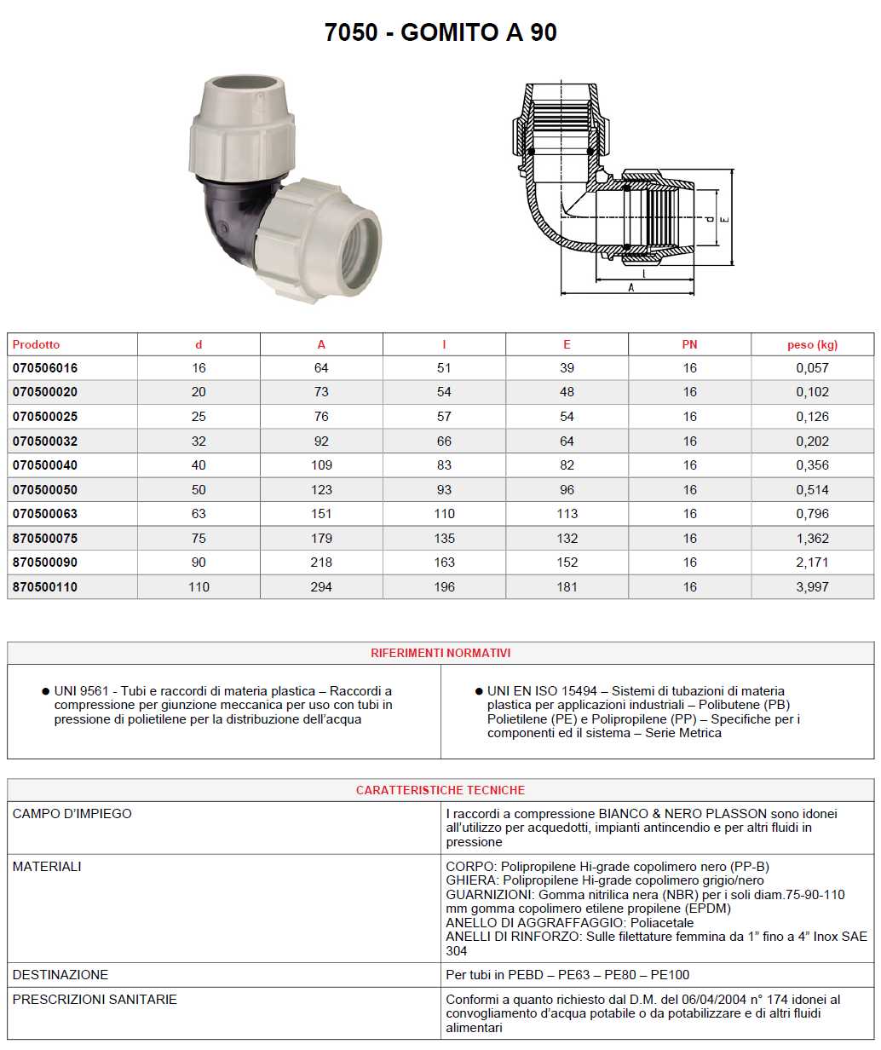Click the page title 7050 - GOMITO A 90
[x=440, y=32]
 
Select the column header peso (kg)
[x=812, y=344]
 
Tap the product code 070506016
[x=45, y=368]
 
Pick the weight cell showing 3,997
[x=812, y=587]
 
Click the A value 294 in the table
[x=321, y=587]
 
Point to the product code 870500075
[x=45, y=539]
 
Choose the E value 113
[x=567, y=514]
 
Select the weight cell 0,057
[x=812, y=368]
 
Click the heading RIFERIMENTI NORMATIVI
[x=440, y=653]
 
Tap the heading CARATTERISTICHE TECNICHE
[x=440, y=790]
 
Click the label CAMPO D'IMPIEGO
[x=72, y=814]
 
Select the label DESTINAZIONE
[x=60, y=974]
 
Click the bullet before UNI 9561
[x=45, y=691]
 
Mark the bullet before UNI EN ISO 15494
[x=479, y=691]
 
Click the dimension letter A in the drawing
[x=631, y=288]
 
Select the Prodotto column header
[x=37, y=344]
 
